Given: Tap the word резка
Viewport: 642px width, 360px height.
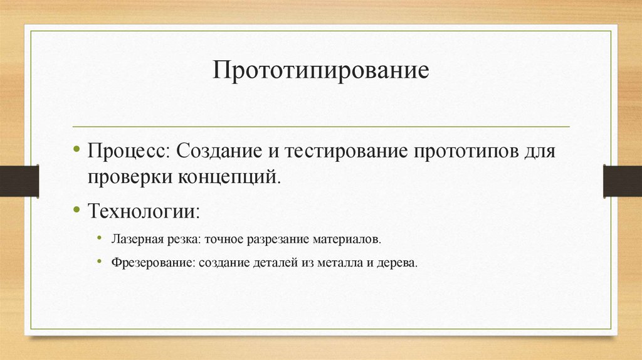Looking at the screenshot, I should [175, 240].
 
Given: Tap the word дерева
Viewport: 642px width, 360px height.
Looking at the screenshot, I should [397, 263].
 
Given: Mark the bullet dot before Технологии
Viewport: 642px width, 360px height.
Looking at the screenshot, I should [76, 209].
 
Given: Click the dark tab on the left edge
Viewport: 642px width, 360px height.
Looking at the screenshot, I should [19, 181].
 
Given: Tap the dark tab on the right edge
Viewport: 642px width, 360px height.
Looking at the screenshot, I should [622, 181].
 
